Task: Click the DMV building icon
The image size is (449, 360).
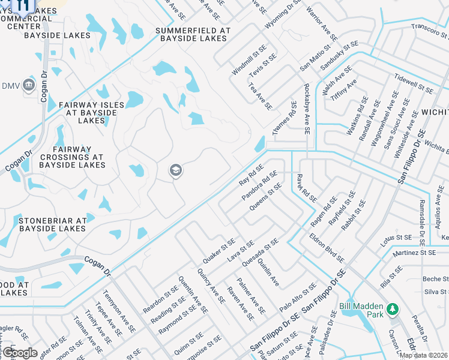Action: [x=29, y=86]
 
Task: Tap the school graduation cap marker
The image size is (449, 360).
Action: [x=176, y=172]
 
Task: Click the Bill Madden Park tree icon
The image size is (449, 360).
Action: [x=393, y=308]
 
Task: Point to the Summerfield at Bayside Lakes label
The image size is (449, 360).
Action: [x=192, y=34]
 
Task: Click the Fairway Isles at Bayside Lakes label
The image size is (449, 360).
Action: [x=91, y=113]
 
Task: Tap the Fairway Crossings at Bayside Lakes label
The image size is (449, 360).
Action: [x=79, y=157]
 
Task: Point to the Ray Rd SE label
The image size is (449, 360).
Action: [x=251, y=175]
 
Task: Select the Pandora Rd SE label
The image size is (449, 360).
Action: [x=259, y=186]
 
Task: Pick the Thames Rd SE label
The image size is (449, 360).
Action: [x=285, y=118]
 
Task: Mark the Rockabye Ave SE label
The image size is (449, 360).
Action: [x=306, y=109]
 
